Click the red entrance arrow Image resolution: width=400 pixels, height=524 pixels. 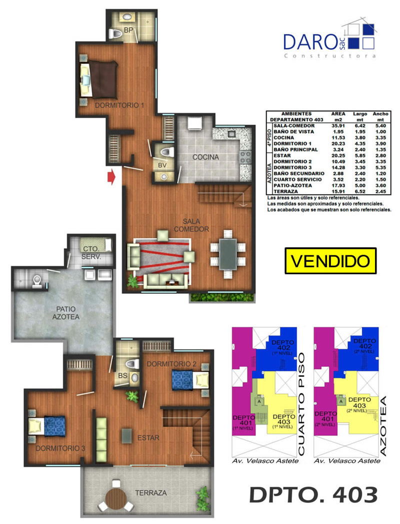pos(111,177)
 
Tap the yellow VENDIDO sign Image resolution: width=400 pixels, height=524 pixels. pos(330,261)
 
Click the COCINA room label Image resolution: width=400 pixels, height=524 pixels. pos(205,157)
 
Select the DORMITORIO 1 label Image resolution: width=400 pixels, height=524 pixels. pos(119,105)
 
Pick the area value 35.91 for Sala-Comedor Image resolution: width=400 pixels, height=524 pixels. pos(338,126)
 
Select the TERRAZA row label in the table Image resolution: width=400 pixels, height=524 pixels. pos(285,192)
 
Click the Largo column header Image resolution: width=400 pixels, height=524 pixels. pos(360,114)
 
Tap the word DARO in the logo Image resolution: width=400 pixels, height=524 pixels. pos(310,42)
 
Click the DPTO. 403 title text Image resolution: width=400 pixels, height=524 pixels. pos(314,495)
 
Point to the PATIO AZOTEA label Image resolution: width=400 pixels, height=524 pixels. pos(66,313)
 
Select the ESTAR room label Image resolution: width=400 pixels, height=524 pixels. pos(148,438)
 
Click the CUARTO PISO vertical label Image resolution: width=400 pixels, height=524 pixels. pos(301,404)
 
